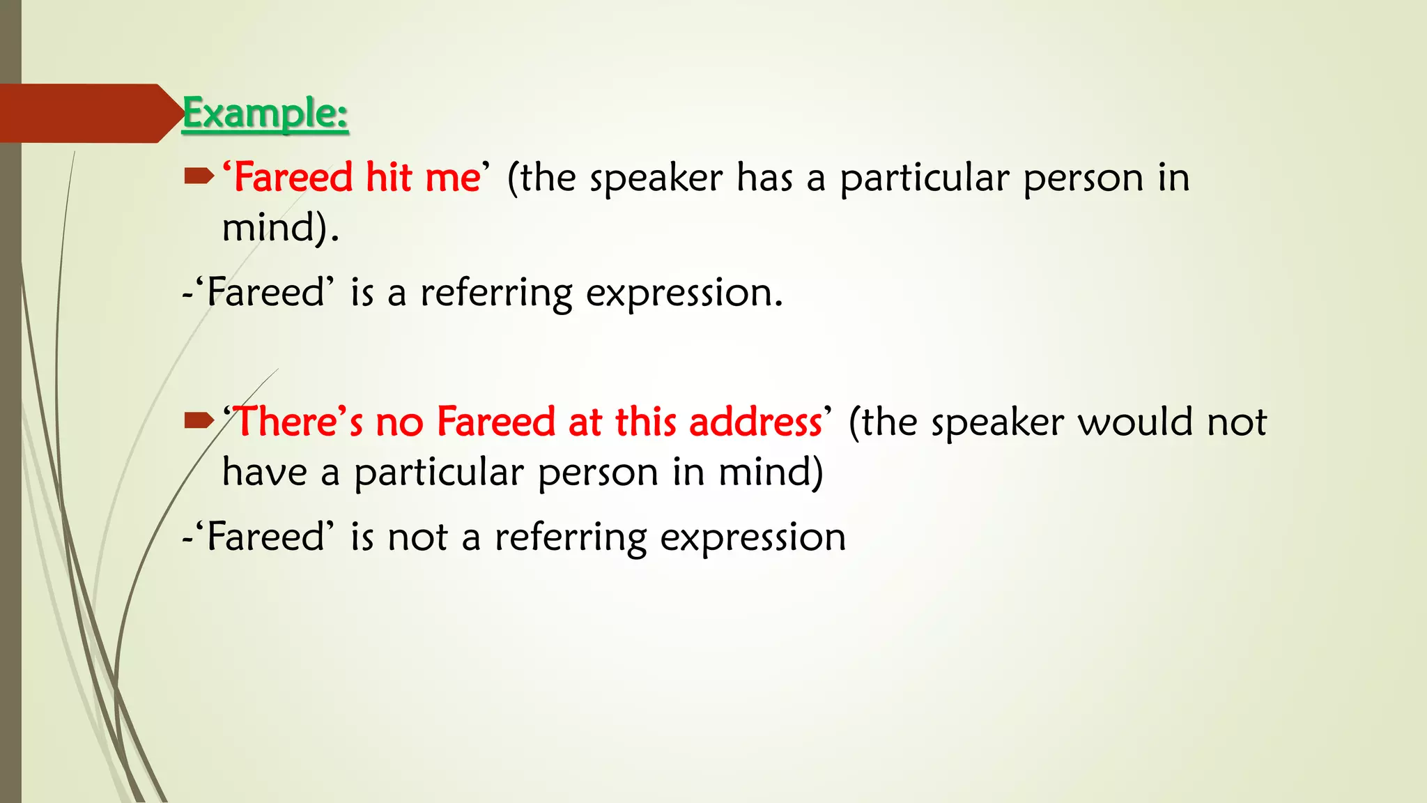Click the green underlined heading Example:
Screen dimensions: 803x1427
pyautogui.click(x=265, y=114)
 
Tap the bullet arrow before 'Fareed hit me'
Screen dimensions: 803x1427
pyautogui.click(x=198, y=177)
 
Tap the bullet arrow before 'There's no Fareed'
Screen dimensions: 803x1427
pyautogui.click(x=198, y=420)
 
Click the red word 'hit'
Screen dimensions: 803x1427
pyautogui.click(x=389, y=177)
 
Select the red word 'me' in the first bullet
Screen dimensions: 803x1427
pyautogui.click(x=452, y=178)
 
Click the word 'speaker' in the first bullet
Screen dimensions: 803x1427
pyautogui.click(x=656, y=178)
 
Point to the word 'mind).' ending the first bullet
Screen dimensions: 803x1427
pyautogui.click(x=280, y=228)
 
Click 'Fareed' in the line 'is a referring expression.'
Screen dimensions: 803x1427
pyautogui.click(x=267, y=292)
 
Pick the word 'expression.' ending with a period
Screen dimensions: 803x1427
pyautogui.click(x=684, y=293)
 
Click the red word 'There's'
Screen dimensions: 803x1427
pyautogui.click(x=300, y=422)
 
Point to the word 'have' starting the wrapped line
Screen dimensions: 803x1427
pyautogui.click(x=264, y=472)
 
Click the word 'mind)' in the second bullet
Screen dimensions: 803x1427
pyautogui.click(x=771, y=472)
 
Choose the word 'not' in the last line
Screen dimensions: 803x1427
pyautogui.click(x=417, y=537)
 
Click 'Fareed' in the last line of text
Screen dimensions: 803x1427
pyautogui.click(x=267, y=537)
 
